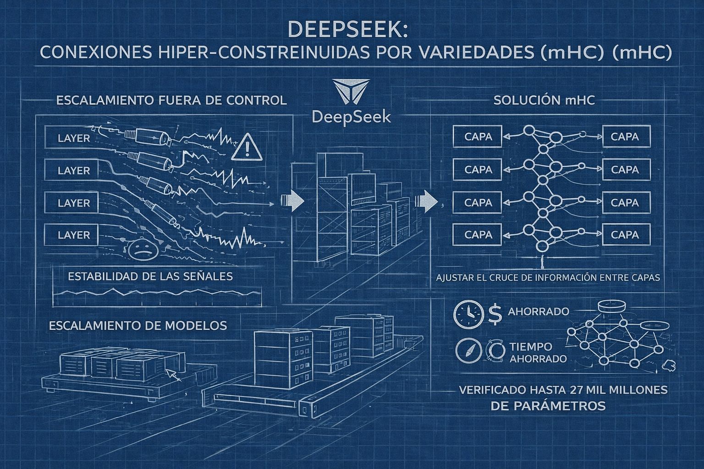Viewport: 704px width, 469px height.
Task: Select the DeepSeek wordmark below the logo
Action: point(351,116)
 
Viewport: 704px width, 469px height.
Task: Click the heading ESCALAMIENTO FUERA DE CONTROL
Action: point(171,100)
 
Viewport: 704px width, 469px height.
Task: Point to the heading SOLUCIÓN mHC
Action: point(544,100)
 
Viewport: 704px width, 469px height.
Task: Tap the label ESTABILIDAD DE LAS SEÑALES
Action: point(150,276)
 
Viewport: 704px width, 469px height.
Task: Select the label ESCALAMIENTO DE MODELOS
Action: point(137,325)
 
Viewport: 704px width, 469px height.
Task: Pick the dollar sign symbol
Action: point(495,315)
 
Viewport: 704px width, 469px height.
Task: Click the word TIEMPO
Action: point(530,347)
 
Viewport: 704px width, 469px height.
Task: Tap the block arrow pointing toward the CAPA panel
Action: point(425,201)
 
